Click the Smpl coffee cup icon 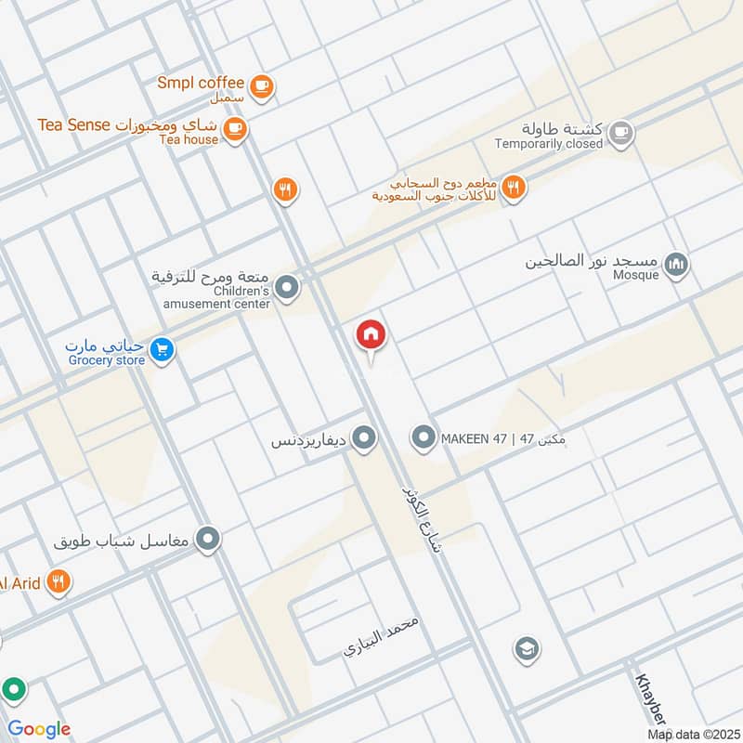[x=263, y=85]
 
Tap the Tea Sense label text [x=73, y=124]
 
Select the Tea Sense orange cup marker [x=235, y=129]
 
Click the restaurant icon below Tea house [x=286, y=190]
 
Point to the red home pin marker [x=371, y=334]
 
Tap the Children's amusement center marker [x=288, y=288]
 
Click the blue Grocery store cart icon [x=163, y=350]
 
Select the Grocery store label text [x=106, y=359]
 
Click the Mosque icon [x=678, y=267]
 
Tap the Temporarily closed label [x=548, y=144]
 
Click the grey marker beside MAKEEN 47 [x=424, y=437]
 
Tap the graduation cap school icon [x=526, y=647]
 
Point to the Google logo [x=39, y=729]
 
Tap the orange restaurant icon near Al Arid [x=58, y=582]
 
